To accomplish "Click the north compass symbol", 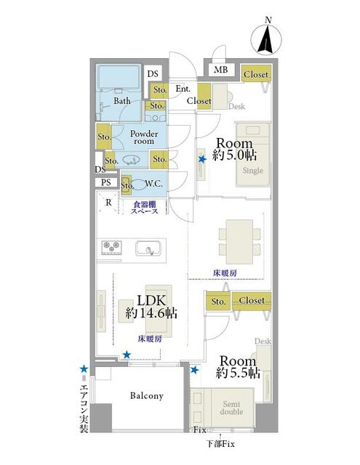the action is point(266,38).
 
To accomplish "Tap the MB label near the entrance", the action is point(221,70).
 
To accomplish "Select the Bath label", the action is point(122,101).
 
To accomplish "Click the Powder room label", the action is point(144,137).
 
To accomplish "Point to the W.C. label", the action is point(153,184).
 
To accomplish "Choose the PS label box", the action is point(106,182).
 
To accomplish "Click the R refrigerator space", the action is point(108,202).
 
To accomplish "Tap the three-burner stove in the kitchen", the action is point(111,247).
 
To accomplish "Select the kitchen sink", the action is point(148,248).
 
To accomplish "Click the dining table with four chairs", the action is point(239,242).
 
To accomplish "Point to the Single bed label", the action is point(253,171).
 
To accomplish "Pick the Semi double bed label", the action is point(231,408).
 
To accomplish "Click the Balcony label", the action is point(147,395).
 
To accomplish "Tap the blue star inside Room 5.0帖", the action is point(202,159).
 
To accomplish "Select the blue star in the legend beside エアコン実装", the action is point(84,369).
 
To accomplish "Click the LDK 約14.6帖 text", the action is point(151,307).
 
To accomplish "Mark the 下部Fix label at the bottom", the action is point(220,444).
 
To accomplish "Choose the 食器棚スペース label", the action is point(145,208).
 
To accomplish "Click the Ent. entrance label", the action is point(183,89).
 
